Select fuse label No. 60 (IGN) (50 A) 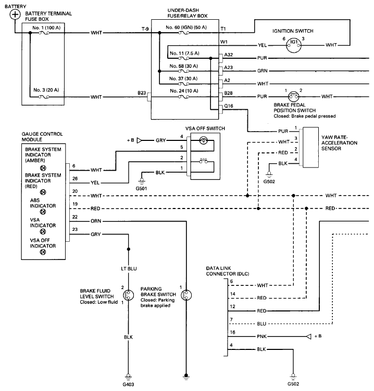click(x=185, y=27)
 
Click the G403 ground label click(x=128, y=385)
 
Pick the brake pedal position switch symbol click(x=293, y=97)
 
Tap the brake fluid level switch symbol click(x=128, y=295)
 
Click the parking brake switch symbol click(x=185, y=295)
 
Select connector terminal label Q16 click(x=228, y=106)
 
